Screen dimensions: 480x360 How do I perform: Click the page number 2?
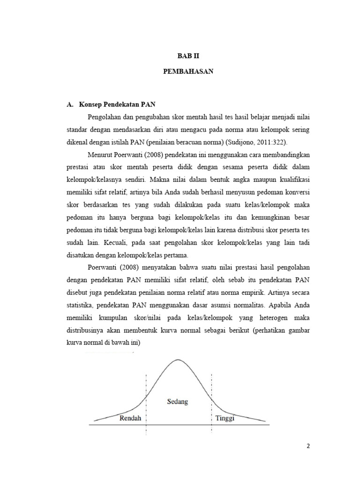pos(308,446)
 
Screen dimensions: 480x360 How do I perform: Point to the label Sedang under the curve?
pos(178,401)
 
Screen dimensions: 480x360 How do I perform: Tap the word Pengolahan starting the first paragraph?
pos(106,117)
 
